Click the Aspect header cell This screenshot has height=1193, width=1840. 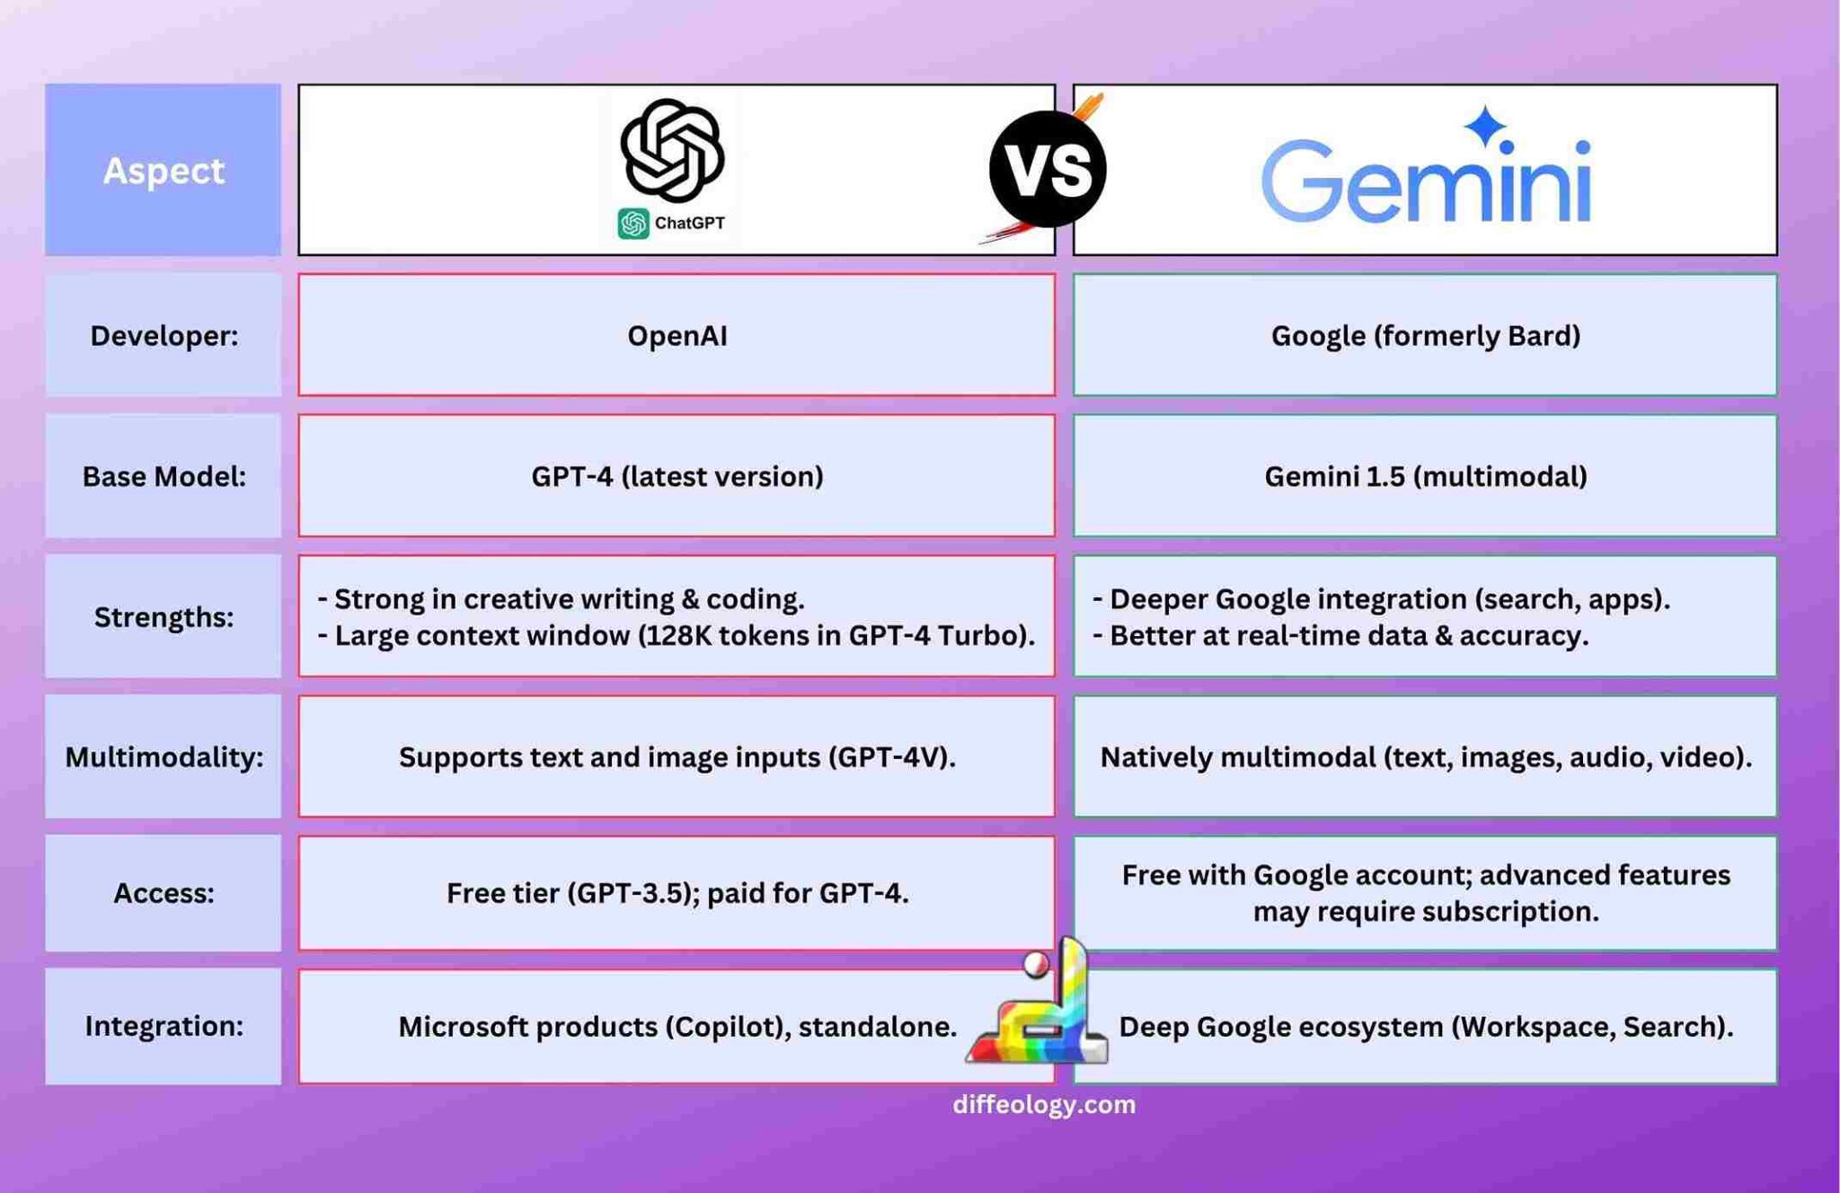[163, 170]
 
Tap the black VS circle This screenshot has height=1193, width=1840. [1047, 169]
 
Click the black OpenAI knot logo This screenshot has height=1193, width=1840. [672, 150]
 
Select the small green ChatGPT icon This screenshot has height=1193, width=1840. [632, 224]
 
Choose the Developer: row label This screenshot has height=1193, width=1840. [164, 336]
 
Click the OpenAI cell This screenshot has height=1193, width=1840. [677, 336]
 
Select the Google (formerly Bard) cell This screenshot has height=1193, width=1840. [1425, 336]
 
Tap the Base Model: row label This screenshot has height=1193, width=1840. [164, 476]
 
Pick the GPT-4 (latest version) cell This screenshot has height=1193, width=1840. [677, 476]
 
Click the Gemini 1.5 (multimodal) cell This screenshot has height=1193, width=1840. [1425, 476]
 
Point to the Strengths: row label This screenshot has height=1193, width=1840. [164, 617]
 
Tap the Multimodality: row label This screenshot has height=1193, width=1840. [164, 757]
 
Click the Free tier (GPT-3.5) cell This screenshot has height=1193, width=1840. [677, 893]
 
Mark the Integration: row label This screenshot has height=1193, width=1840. [164, 1026]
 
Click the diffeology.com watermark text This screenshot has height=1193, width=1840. [1044, 1105]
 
